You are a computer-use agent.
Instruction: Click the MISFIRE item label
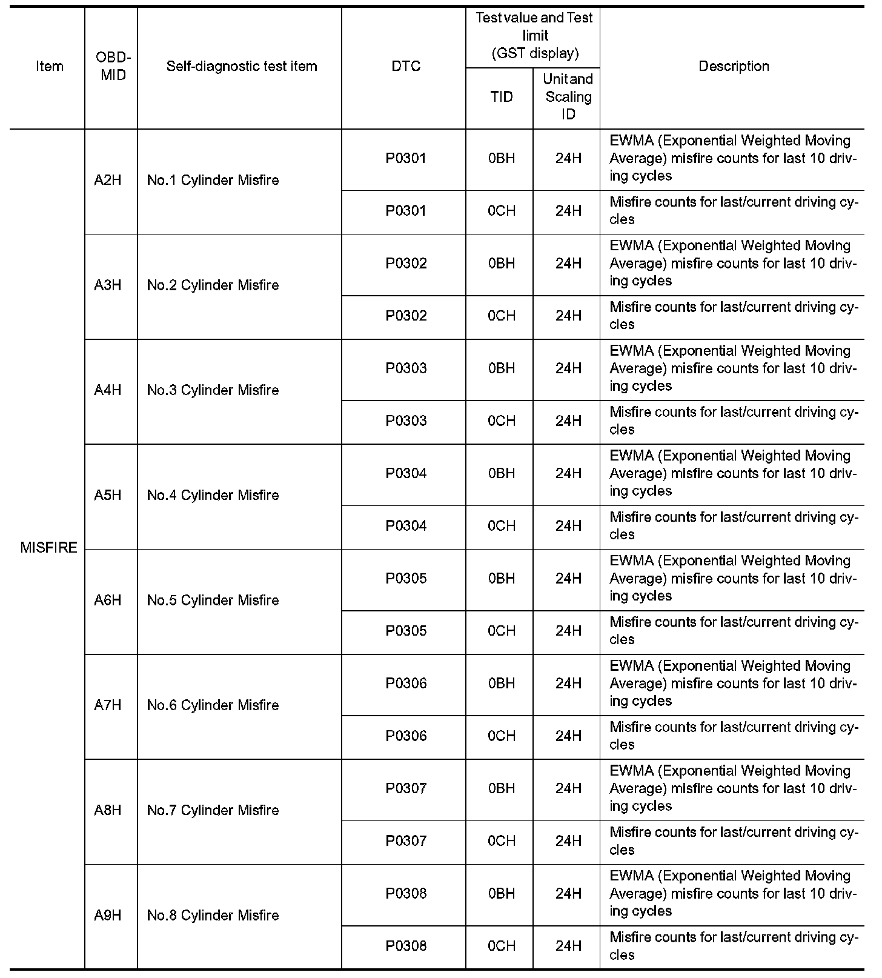pos(48,548)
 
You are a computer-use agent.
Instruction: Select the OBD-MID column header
pos(113,66)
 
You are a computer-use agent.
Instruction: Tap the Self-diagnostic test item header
pos(242,66)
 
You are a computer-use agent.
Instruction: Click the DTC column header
pos(406,66)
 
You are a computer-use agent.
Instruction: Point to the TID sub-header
pos(501,97)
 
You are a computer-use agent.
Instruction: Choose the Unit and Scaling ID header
pos(568,97)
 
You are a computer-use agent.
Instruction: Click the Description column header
pos(734,66)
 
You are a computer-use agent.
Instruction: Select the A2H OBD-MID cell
pos(108,181)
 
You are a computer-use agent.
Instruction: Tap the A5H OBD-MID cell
pos(108,496)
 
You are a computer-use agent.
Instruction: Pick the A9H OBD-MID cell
pos(108,916)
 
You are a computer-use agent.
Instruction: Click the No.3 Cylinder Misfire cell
pos(213,390)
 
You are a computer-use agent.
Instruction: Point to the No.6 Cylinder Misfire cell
pos(213,705)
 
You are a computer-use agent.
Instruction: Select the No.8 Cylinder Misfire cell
pos(213,916)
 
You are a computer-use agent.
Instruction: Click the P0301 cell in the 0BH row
pos(406,159)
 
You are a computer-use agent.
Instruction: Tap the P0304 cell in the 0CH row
pos(406,526)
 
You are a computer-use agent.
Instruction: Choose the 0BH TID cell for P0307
pos(501,789)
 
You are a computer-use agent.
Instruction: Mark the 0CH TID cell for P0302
pos(501,316)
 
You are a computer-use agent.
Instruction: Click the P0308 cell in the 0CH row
pos(406,946)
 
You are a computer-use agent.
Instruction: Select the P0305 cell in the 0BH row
pos(406,579)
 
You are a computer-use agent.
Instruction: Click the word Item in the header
pos(49,66)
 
